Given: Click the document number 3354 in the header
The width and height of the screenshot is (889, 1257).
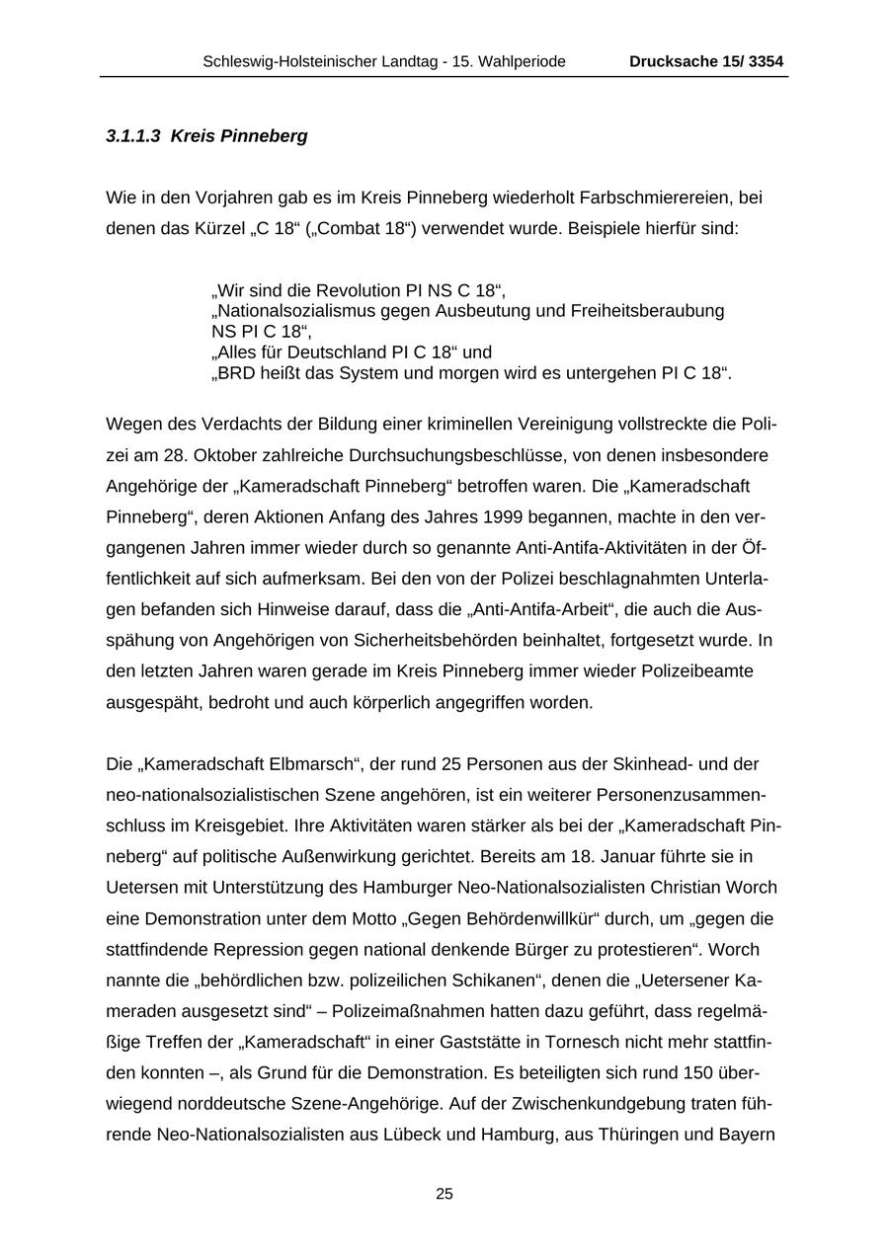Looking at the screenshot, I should [x=766, y=62].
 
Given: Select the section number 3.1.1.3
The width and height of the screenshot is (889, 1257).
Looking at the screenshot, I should [x=133, y=136].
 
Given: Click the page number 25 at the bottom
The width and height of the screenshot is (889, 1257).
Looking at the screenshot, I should [x=444, y=1194].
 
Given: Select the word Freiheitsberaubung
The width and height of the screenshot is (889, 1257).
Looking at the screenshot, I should [x=647, y=311].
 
